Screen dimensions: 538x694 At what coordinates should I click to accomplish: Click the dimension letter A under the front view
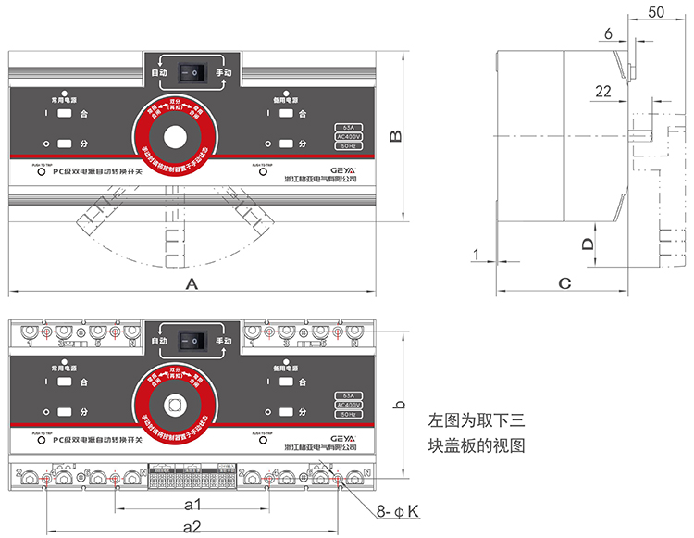(x=192, y=284)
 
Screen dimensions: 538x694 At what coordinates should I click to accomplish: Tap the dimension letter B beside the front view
(x=395, y=136)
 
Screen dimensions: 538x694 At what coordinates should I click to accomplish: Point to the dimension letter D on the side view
(x=586, y=244)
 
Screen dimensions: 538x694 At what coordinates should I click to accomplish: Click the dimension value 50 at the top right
(x=658, y=12)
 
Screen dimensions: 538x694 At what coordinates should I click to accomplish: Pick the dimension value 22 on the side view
(x=603, y=91)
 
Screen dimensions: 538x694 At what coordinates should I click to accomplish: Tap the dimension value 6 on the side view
(x=608, y=34)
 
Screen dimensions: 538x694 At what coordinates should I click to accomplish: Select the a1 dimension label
(x=192, y=506)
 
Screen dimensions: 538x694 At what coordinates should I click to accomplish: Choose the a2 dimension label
(x=192, y=527)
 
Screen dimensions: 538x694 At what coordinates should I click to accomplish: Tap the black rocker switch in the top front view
(x=192, y=71)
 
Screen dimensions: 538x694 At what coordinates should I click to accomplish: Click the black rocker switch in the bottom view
(x=192, y=341)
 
